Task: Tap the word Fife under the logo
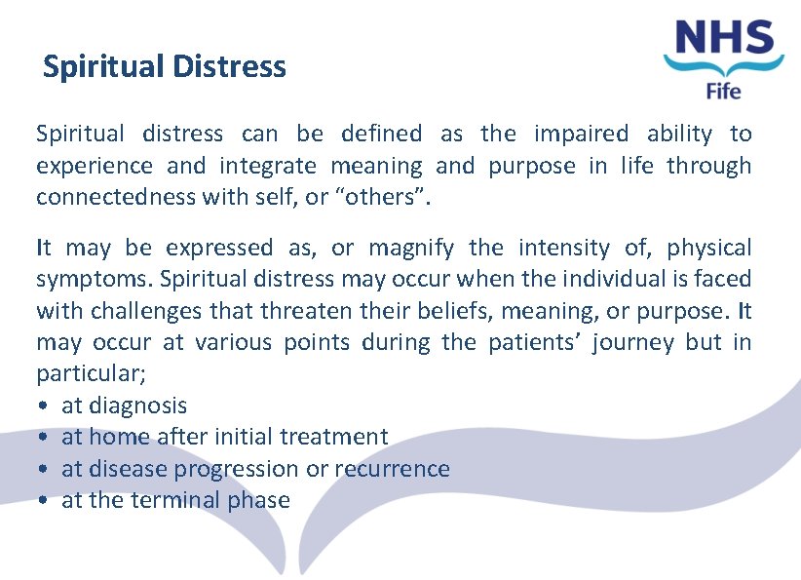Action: click(x=723, y=92)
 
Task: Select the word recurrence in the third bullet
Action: click(x=392, y=469)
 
